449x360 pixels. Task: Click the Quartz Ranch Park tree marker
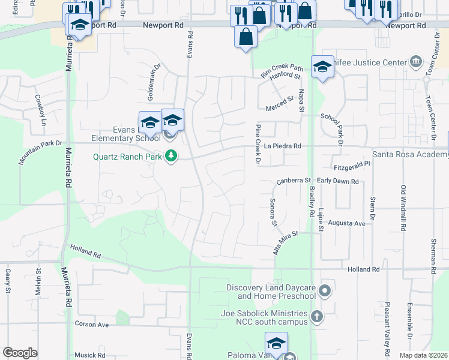tap(171, 156)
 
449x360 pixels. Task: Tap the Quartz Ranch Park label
tap(128, 157)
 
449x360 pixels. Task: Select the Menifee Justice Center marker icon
tap(415, 62)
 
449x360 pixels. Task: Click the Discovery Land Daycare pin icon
tap(325, 292)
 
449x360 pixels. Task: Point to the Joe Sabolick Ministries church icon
tap(317, 316)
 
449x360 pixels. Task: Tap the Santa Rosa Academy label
tap(411, 155)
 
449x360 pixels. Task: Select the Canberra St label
tap(294, 181)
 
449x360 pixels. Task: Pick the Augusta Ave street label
tap(347, 224)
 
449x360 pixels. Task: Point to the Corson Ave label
tap(91, 324)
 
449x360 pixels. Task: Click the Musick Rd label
tap(90, 355)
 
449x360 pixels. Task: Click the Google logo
tap(20, 353)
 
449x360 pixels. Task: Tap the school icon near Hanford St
tap(322, 67)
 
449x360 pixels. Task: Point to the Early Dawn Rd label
tap(337, 181)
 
